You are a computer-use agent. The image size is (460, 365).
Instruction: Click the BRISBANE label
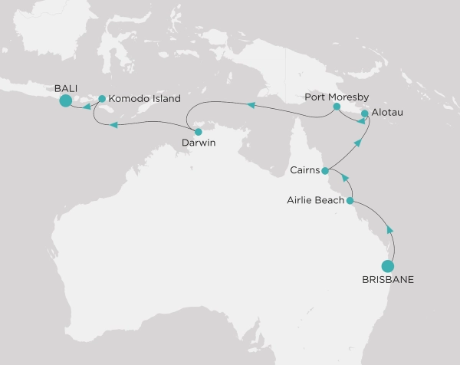point(388,281)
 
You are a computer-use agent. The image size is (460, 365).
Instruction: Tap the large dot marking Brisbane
point(389,267)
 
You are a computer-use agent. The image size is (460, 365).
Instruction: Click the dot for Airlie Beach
point(350,201)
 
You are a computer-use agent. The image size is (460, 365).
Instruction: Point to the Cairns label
point(307,169)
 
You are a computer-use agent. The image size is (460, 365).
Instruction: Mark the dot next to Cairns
point(326,170)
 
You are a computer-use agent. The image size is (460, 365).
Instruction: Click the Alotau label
point(386,113)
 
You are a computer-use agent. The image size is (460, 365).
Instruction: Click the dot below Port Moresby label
point(337,108)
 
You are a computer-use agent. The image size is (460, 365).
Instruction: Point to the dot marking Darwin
point(199,131)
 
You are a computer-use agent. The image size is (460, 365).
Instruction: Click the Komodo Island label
point(145,98)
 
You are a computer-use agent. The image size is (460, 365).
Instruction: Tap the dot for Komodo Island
point(102,98)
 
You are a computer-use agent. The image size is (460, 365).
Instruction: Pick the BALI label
point(66,87)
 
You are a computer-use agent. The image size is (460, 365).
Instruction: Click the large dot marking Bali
point(66,100)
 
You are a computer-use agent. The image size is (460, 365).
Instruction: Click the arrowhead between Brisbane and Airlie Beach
point(390,229)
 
